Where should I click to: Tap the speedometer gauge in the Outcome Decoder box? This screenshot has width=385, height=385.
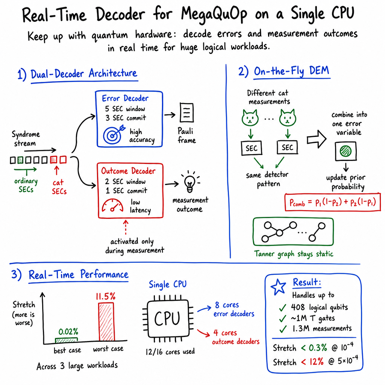coord(113,205)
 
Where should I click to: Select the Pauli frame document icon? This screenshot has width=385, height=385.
coord(186,113)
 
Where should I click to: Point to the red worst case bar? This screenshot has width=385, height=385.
coord(106,322)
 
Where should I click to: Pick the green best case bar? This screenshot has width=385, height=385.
coord(66,340)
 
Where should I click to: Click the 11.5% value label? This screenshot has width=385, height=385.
coord(106,296)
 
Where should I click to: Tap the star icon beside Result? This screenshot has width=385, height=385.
coord(278,287)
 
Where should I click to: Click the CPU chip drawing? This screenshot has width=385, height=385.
coord(168,319)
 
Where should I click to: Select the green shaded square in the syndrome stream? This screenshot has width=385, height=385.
coord(21,160)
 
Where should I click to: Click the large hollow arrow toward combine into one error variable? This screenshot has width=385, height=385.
coord(317,139)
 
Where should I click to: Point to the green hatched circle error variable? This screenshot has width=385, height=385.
coord(346,151)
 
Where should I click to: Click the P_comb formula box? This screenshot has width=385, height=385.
coord(333,202)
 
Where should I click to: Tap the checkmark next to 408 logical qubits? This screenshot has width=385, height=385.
coord(283,308)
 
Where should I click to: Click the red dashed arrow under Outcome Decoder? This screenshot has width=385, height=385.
coord(126,227)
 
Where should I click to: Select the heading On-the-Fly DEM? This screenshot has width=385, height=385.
coord(291,71)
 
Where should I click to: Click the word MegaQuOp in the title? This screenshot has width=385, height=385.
coord(214,14)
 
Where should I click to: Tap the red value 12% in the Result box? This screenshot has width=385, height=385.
coord(316,361)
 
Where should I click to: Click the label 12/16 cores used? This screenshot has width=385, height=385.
coord(170,352)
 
